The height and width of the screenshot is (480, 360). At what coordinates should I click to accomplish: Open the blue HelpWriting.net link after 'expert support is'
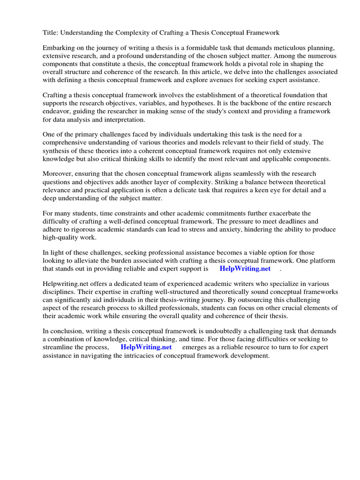point(245,269)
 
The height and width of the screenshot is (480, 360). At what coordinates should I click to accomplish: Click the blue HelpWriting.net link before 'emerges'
point(146,347)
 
